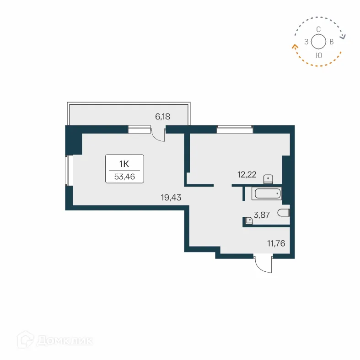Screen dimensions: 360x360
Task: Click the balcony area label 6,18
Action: click(162, 117)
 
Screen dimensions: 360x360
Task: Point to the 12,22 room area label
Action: click(247, 174)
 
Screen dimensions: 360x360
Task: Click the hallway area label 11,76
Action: click(276, 244)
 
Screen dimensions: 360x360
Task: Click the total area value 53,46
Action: click(125, 177)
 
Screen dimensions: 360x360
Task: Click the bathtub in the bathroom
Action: click(266, 194)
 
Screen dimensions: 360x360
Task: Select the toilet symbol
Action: click(284, 213)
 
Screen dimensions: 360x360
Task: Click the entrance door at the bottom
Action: click(263, 264)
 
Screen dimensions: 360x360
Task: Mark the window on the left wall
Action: click(69, 170)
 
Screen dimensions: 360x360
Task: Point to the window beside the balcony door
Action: click(139, 130)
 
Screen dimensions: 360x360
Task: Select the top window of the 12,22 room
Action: click(235, 129)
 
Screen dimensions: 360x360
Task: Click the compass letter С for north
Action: click(318, 29)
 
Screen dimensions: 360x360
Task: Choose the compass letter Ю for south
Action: click(319, 55)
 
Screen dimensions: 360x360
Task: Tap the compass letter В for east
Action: click(332, 42)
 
